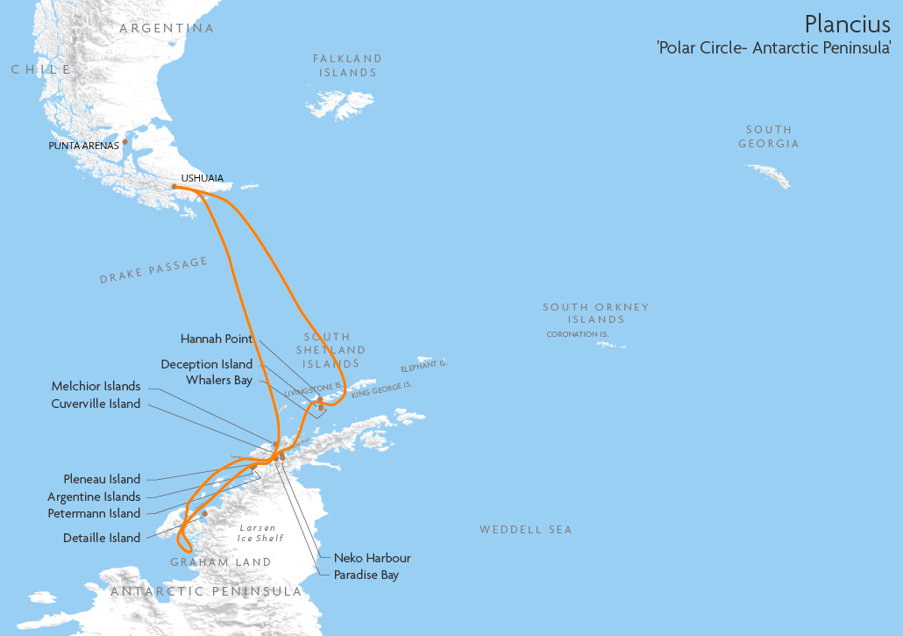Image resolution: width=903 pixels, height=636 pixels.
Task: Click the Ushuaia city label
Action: point(202,178)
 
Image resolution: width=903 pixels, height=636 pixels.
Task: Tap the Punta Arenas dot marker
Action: point(125,141)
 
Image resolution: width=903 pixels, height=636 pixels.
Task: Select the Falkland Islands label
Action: point(347,66)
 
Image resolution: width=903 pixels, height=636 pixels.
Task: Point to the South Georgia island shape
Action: point(770,175)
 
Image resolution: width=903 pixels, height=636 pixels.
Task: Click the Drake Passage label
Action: point(153,270)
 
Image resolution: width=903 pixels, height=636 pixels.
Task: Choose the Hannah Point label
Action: point(217,339)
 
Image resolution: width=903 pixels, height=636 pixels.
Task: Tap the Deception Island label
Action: point(207,364)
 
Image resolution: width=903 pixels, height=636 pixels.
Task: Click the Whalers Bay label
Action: point(219,381)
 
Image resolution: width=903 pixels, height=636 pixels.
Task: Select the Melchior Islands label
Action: point(96,386)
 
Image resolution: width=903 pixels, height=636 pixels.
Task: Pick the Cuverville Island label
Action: point(96,404)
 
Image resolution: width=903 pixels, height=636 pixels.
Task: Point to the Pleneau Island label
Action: point(102,479)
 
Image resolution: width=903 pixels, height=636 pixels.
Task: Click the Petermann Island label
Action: point(94,513)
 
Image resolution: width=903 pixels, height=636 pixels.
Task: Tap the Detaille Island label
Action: point(102,538)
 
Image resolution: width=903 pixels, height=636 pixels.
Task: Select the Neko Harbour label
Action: point(372,558)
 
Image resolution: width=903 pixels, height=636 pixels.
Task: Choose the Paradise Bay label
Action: point(366,575)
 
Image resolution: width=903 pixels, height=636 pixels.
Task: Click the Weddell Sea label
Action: point(525,530)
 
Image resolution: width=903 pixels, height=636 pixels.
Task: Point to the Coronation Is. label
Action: point(578,334)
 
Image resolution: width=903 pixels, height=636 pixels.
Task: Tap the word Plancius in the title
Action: point(847,24)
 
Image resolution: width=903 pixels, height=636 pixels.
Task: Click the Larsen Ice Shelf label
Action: point(260,533)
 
